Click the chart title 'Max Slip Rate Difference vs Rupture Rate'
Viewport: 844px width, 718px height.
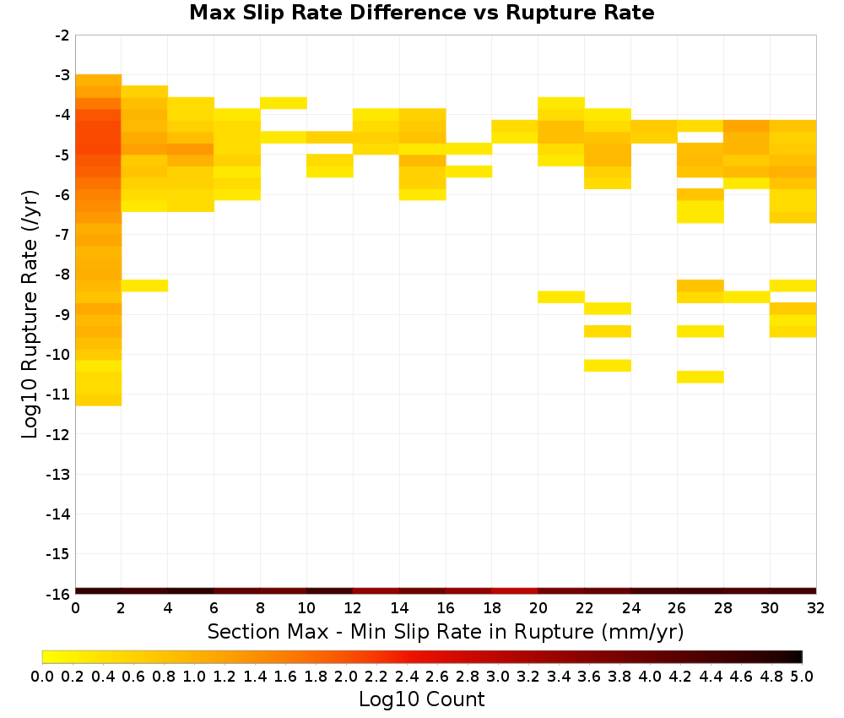click(x=421, y=13)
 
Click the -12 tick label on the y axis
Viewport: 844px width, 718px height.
click(x=59, y=434)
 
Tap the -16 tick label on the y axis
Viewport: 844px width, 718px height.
click(x=59, y=594)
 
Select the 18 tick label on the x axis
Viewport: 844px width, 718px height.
click(x=492, y=608)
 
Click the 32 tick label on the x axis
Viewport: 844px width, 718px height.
click(x=816, y=608)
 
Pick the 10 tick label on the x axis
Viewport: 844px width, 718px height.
click(x=307, y=608)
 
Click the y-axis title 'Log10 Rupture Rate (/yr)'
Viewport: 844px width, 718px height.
click(x=30, y=314)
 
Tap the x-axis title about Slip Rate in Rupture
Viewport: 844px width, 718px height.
click(x=446, y=631)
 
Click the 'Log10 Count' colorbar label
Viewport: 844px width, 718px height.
click(x=421, y=699)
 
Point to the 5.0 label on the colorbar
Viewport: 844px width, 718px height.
click(x=802, y=677)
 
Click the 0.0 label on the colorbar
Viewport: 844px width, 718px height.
click(x=42, y=677)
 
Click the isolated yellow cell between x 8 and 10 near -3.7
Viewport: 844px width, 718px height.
click(x=284, y=103)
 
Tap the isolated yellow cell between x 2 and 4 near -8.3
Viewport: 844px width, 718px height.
click(x=145, y=286)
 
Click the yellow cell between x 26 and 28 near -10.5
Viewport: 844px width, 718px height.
click(x=701, y=377)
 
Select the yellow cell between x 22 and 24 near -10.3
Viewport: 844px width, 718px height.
click(x=608, y=365)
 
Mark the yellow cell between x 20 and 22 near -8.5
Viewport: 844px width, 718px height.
click(x=561, y=296)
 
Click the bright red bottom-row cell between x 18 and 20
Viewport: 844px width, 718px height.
click(x=515, y=591)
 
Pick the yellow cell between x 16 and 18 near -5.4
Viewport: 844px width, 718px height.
click(x=468, y=171)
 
